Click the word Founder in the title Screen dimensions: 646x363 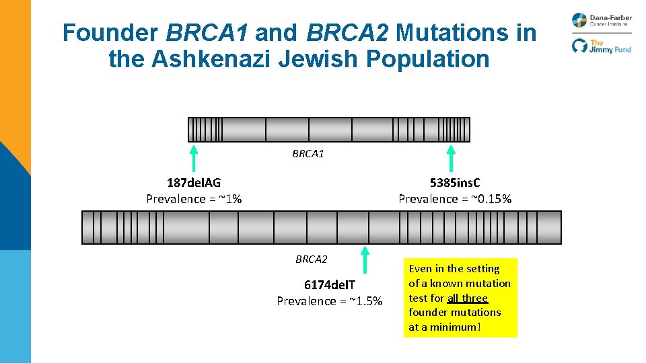(110, 32)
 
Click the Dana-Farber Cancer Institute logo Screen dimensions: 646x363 (602, 20)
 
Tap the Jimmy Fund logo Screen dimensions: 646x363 (602, 46)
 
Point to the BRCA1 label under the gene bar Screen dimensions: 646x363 (308, 154)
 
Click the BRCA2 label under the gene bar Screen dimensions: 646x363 (311, 259)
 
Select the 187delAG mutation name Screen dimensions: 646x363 (194, 182)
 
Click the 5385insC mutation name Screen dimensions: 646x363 (455, 182)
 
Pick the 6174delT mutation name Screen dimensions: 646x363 (329, 286)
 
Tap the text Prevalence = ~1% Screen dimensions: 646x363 (194, 198)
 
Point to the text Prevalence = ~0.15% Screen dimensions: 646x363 (455, 198)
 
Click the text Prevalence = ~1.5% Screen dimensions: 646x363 (329, 300)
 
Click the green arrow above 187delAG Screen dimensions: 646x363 (194, 158)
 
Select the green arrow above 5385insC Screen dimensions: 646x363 (452, 158)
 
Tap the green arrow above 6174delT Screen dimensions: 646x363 (365, 259)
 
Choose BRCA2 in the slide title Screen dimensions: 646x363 (347, 32)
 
